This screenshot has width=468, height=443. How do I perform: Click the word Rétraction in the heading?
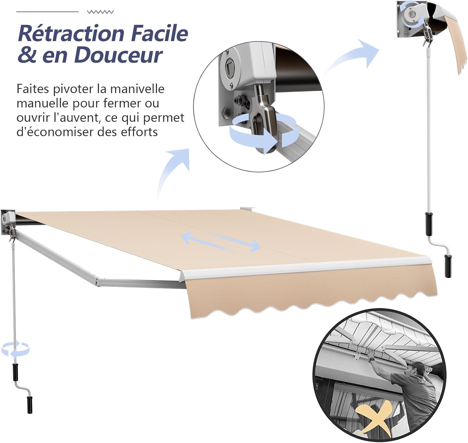pos(71,33)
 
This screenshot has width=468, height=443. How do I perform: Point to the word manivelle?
pos(137,89)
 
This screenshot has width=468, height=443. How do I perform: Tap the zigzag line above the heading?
pos(100,12)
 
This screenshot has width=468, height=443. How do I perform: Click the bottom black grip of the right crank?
pos(448,266)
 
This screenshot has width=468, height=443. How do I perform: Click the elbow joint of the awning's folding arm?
pos(98,282)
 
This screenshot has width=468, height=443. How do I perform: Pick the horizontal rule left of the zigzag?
pos(47,12)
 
